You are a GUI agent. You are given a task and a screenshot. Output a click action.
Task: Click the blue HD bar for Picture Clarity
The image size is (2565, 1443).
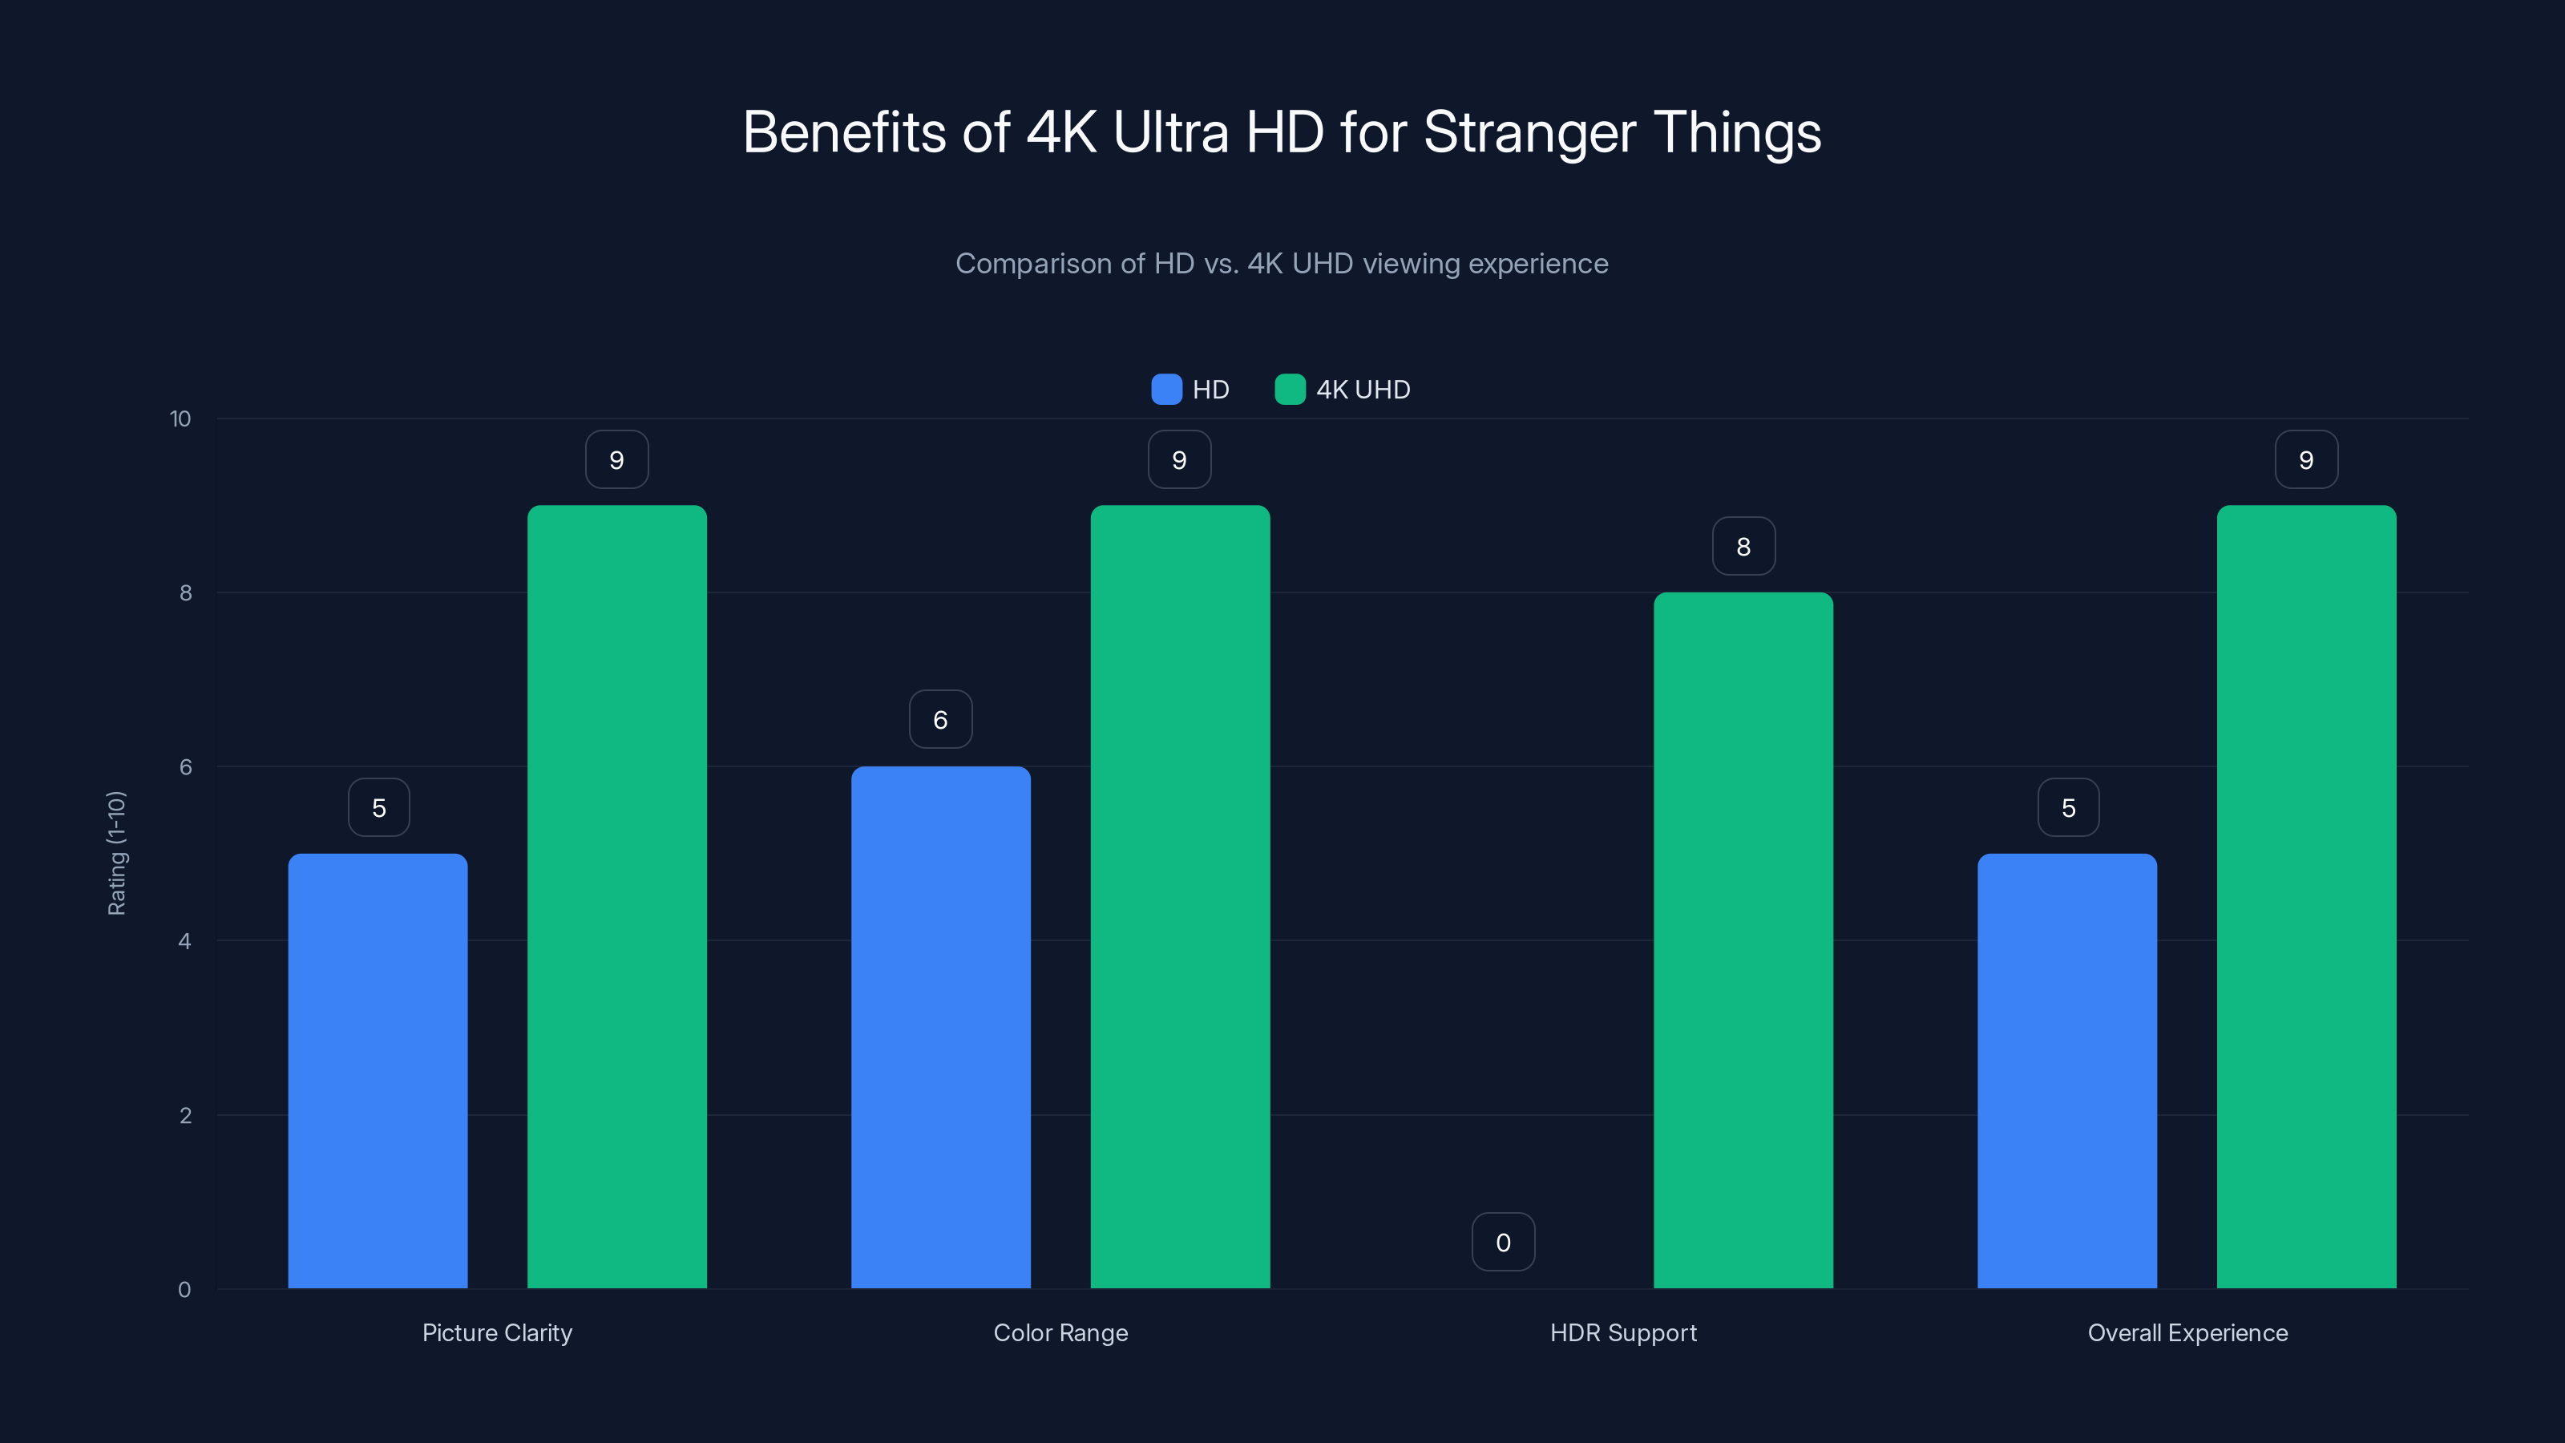pyautogui.click(x=378, y=1070)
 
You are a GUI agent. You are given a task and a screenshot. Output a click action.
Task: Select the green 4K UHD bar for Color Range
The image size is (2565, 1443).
pyautogui.click(x=1180, y=896)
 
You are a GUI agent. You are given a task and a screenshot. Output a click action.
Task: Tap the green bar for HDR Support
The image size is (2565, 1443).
pyautogui.click(x=1743, y=940)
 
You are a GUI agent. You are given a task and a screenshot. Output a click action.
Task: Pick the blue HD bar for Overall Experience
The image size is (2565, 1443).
pyautogui.click(x=2067, y=1070)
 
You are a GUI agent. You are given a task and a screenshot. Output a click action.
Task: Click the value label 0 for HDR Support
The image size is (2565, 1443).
pyautogui.click(x=1504, y=1242)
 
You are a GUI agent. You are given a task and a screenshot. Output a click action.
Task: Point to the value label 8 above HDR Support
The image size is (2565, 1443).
pyautogui.click(x=1743, y=546)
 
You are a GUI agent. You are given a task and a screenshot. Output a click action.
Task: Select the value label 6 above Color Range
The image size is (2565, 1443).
pyautogui.click(x=940, y=719)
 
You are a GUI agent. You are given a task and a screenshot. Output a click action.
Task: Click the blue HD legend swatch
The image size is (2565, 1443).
pyautogui.click(x=1166, y=390)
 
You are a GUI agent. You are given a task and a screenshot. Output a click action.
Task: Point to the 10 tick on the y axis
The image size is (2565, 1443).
pyautogui.click(x=180, y=418)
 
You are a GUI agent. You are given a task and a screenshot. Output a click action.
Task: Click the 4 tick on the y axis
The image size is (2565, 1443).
pyautogui.click(x=184, y=941)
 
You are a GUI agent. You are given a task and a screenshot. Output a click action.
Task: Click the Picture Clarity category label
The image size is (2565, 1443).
pyautogui.click(x=497, y=1332)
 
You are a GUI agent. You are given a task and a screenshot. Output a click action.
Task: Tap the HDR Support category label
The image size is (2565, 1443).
pyautogui.click(x=1623, y=1332)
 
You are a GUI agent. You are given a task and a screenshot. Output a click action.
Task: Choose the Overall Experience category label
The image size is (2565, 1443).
pyautogui.click(x=2187, y=1332)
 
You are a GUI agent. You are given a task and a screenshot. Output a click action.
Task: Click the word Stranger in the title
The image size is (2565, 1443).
pyautogui.click(x=1529, y=132)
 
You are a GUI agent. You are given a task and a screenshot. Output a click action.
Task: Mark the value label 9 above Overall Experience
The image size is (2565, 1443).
pyautogui.click(x=2306, y=459)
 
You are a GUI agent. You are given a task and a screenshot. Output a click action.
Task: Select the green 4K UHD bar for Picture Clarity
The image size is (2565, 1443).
pyautogui.click(x=616, y=896)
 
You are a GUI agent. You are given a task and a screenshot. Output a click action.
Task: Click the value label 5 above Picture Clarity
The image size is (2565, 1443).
pyautogui.click(x=378, y=806)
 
